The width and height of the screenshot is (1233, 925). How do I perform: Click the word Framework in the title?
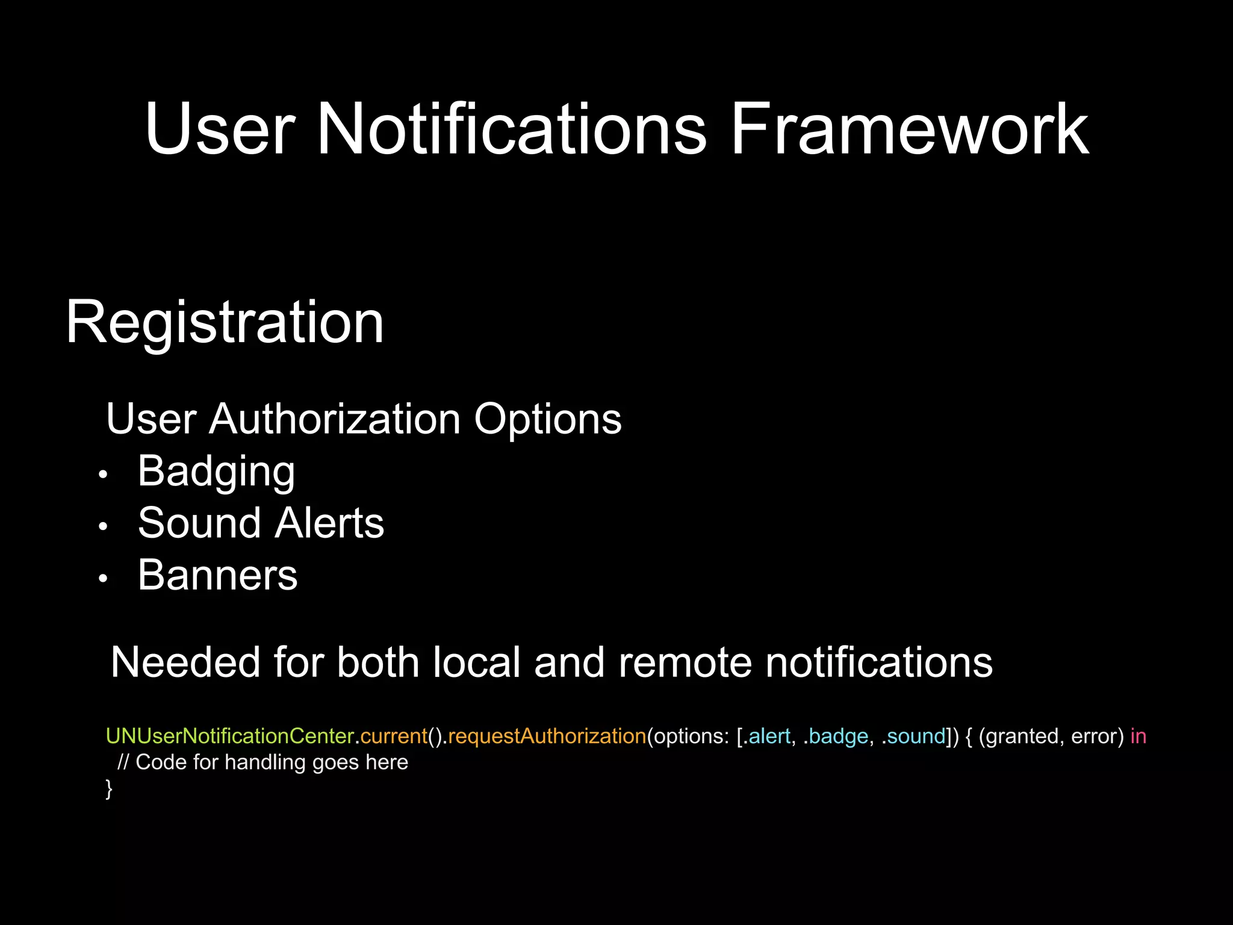(x=909, y=129)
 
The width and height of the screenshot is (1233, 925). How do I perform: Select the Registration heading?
(x=225, y=323)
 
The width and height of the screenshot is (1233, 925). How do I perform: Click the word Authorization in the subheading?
(x=335, y=419)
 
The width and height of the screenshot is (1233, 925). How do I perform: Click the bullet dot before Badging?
(x=103, y=475)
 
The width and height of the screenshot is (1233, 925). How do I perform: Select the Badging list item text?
(x=216, y=472)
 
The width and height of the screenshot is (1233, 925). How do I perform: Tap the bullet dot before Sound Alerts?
(x=103, y=526)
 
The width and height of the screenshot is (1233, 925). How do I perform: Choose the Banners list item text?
(x=217, y=575)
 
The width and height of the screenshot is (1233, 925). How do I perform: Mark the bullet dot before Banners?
(x=103, y=579)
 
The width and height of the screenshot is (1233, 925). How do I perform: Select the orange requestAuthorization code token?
(x=547, y=737)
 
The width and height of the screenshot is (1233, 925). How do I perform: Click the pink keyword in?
(x=1138, y=737)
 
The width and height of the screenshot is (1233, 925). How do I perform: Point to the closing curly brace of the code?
(x=109, y=788)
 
